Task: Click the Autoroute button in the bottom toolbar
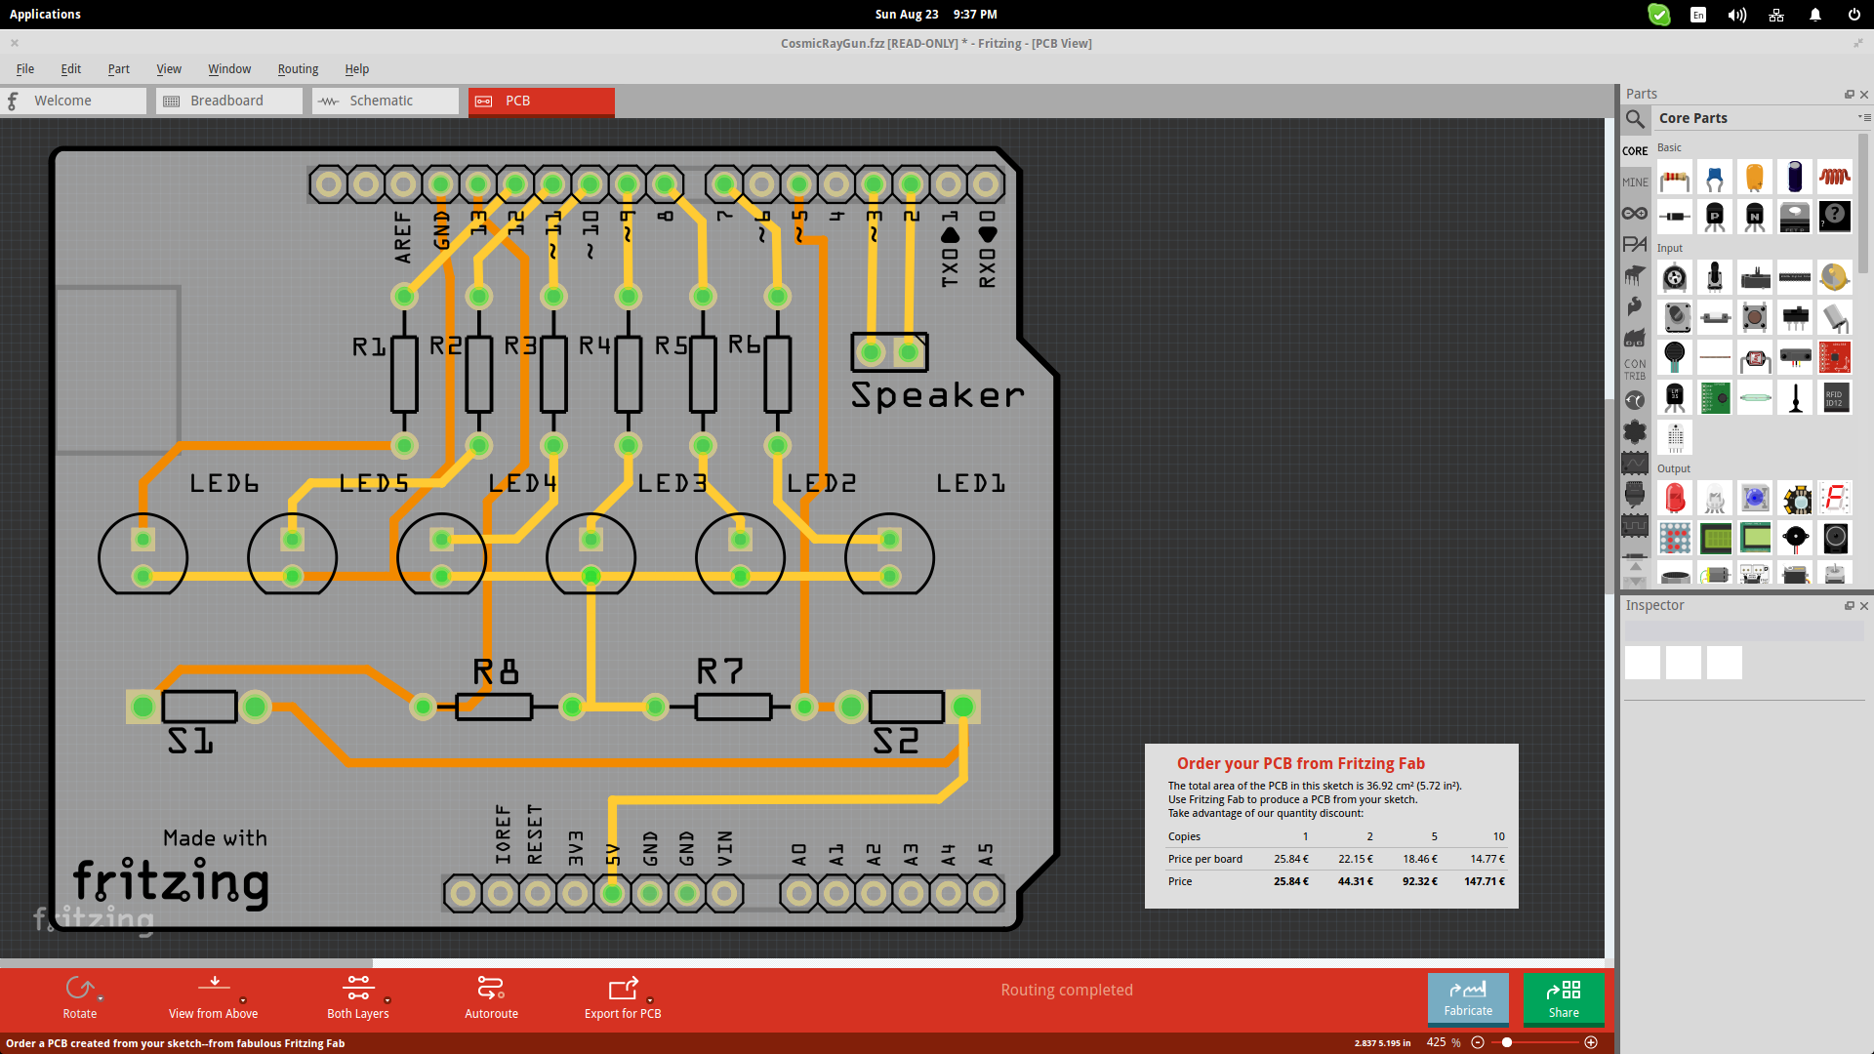pyautogui.click(x=491, y=996)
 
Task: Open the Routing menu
pyautogui.click(x=298, y=69)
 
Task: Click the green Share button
pyautogui.click(x=1563, y=998)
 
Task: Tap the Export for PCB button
pyautogui.click(x=623, y=996)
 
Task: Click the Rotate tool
pyautogui.click(x=80, y=996)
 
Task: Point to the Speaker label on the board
pyautogui.click(x=937, y=395)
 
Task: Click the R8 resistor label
pyautogui.click(x=496, y=671)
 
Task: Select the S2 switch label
pyautogui.click(x=896, y=742)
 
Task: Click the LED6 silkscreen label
pyautogui.click(x=224, y=483)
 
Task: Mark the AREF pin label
pyautogui.click(x=403, y=237)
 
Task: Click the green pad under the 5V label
pyautogui.click(x=613, y=893)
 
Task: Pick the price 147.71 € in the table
pyautogui.click(x=1484, y=881)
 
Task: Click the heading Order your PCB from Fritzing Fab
pyautogui.click(x=1300, y=763)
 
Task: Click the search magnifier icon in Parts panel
pyautogui.click(x=1635, y=119)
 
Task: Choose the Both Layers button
pyautogui.click(x=358, y=996)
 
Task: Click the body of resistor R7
pyautogui.click(x=733, y=707)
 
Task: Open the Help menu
pyautogui.click(x=356, y=69)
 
